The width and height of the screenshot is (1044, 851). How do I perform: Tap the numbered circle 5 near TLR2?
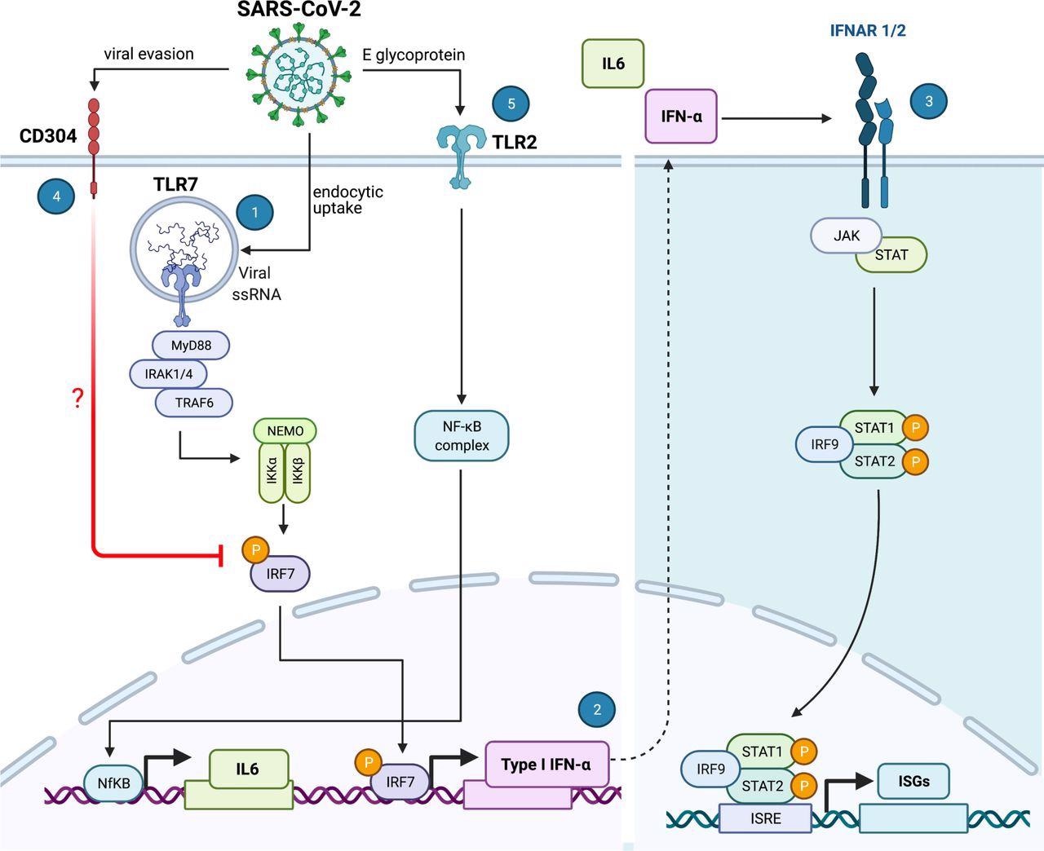[511, 104]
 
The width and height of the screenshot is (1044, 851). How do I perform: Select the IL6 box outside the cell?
[613, 63]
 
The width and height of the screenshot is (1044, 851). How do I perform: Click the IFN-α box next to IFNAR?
[681, 117]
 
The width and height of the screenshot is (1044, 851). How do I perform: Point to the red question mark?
[78, 399]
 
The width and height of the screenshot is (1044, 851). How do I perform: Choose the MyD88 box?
[191, 346]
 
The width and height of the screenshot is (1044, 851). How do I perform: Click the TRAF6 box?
[194, 402]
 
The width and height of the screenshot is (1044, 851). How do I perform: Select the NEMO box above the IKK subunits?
[285, 431]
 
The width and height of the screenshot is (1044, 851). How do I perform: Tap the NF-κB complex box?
[462, 436]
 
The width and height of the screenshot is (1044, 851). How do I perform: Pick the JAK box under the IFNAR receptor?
[847, 236]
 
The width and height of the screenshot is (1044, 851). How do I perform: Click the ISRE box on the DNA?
[764, 818]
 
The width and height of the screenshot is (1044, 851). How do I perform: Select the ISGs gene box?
[913, 781]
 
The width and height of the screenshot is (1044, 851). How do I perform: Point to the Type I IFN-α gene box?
[547, 765]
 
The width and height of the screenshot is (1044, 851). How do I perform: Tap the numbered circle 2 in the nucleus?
[597, 709]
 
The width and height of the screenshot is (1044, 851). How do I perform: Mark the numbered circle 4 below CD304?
[56, 196]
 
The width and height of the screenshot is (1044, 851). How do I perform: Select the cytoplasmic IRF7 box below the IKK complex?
[280, 574]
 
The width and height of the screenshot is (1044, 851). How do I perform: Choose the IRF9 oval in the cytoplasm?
[825, 444]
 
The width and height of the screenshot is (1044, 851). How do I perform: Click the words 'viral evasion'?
[148, 55]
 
